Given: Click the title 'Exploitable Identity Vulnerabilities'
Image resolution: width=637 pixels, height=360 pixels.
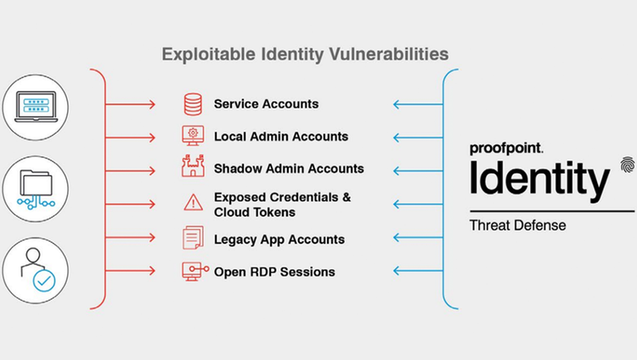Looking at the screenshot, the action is click(x=305, y=54).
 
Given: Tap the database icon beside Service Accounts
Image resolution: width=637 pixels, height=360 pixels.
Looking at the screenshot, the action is click(x=193, y=104).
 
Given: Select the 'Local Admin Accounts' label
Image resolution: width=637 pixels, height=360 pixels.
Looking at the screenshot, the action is click(x=281, y=137).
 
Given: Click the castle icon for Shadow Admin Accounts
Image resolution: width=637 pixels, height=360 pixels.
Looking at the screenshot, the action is click(x=193, y=166).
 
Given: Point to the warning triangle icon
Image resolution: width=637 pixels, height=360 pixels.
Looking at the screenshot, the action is click(x=193, y=202).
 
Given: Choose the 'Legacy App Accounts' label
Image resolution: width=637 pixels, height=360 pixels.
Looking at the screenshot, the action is click(x=279, y=239).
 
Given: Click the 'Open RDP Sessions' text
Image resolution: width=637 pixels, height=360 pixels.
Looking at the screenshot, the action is click(x=274, y=272).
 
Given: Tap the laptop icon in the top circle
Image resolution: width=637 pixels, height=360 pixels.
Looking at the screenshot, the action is click(x=36, y=106).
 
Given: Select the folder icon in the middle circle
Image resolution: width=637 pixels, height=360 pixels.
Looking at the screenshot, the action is click(x=36, y=183).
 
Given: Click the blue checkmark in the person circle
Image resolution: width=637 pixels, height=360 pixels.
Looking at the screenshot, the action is click(x=44, y=280).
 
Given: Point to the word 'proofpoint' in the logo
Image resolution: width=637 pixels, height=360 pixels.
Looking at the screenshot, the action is click(x=506, y=149).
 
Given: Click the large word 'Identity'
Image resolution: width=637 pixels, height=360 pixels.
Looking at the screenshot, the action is click(x=539, y=180).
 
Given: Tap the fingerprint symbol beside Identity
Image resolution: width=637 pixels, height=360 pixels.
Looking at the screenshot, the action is click(x=628, y=165).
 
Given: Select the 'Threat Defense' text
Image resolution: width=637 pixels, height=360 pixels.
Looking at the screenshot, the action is click(x=517, y=226).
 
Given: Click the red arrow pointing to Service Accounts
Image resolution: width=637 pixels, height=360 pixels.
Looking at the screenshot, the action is click(x=131, y=104).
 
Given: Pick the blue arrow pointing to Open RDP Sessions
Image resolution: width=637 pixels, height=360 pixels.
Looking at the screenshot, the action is click(x=418, y=271).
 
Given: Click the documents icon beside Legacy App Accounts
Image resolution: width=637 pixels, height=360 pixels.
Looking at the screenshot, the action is click(x=193, y=238).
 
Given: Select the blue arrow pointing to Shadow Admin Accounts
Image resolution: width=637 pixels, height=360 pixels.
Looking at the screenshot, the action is click(x=418, y=171).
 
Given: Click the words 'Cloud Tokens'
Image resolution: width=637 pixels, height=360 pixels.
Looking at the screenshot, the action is click(x=255, y=212).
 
